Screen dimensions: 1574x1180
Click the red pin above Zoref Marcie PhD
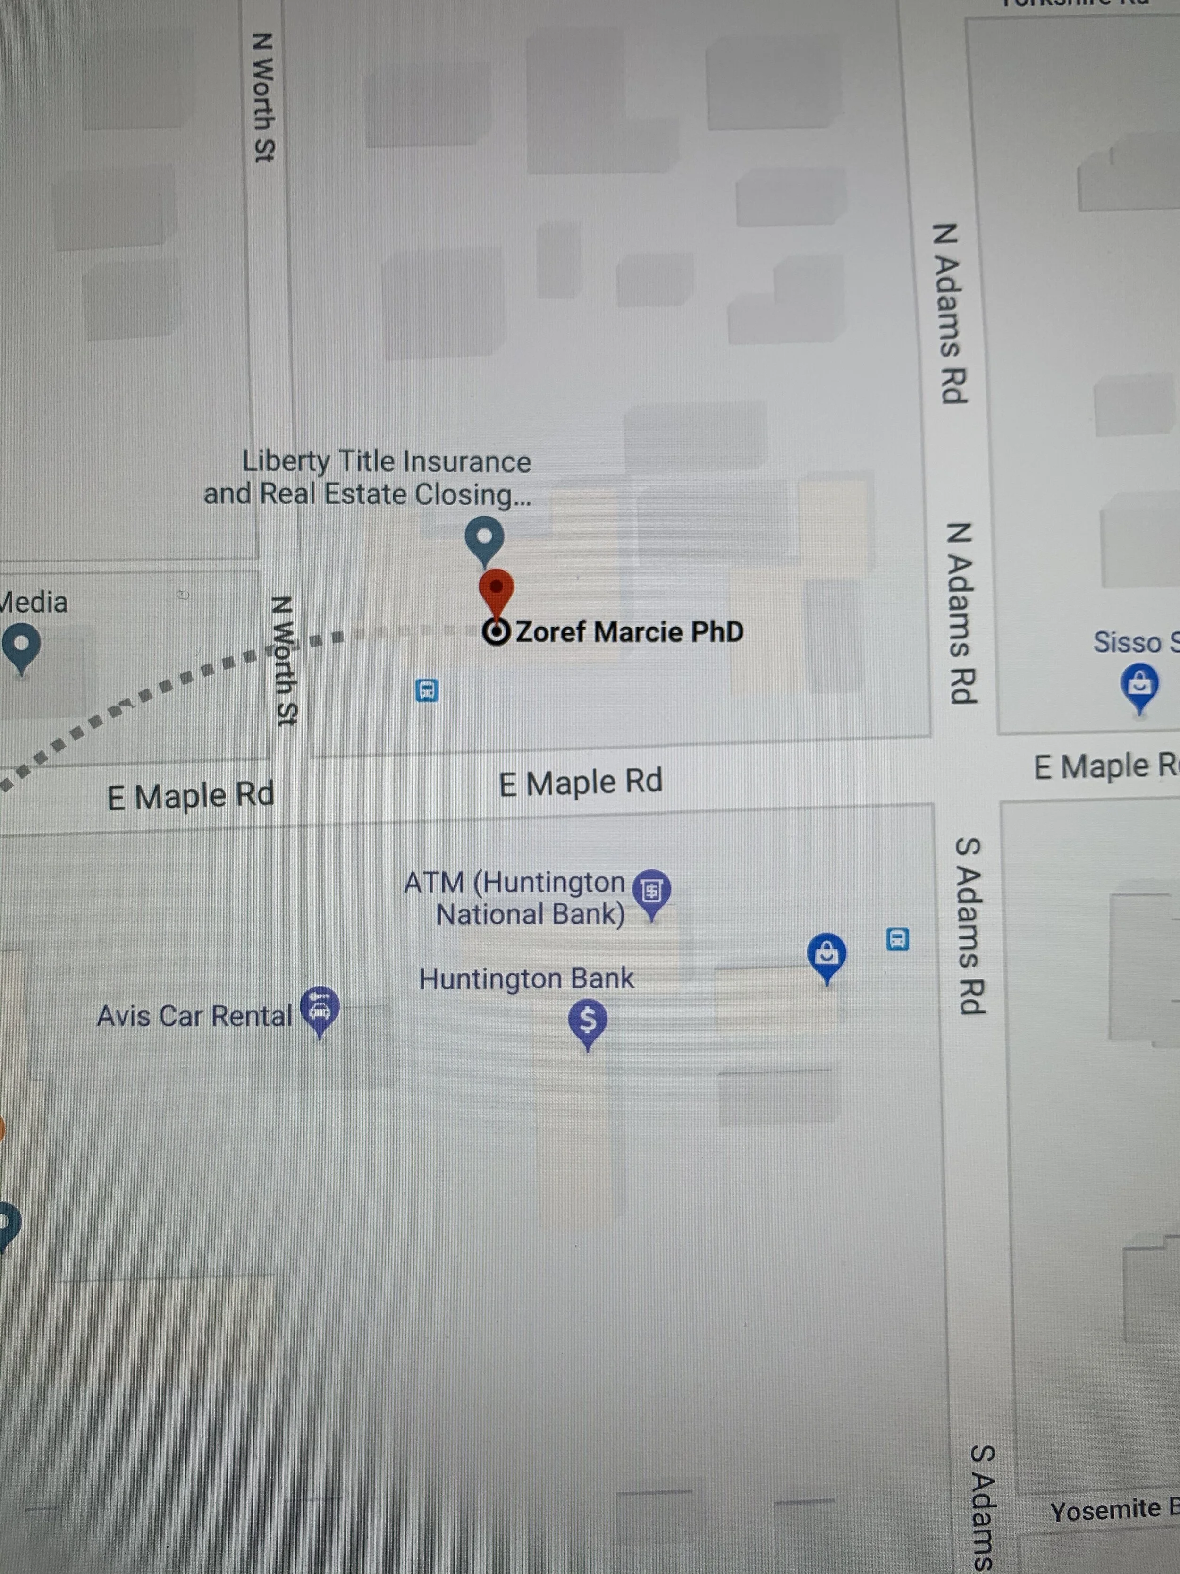coord(496,590)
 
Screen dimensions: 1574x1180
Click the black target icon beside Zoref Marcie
coord(496,632)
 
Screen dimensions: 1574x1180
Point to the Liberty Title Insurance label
coord(368,477)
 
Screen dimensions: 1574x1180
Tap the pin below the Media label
coord(21,645)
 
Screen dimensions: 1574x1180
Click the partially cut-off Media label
coord(34,603)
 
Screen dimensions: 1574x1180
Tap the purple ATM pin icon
coord(651,890)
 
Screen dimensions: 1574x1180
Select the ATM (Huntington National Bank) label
coord(515,898)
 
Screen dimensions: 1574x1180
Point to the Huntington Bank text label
coord(526,979)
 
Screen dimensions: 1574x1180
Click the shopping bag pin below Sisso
coord(1139,685)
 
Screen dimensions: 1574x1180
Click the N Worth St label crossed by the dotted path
coord(285,661)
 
